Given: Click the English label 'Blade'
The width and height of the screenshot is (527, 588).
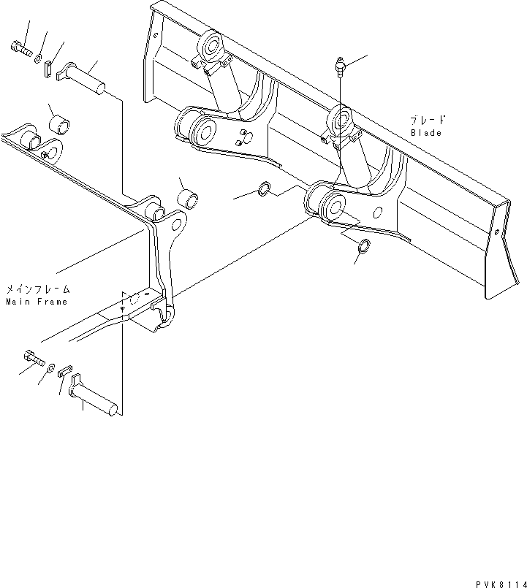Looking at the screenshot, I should pyautogui.click(x=425, y=133).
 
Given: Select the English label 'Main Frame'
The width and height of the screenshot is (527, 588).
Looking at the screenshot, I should pyautogui.click(x=36, y=301).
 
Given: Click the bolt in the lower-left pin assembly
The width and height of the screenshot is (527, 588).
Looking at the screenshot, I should pyautogui.click(x=34, y=357).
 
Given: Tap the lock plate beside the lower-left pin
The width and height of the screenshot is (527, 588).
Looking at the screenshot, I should pyautogui.click(x=64, y=371).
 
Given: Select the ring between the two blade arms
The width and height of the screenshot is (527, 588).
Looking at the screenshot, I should pyautogui.click(x=266, y=191).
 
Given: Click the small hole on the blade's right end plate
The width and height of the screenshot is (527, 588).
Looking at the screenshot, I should pyautogui.click(x=497, y=232).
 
